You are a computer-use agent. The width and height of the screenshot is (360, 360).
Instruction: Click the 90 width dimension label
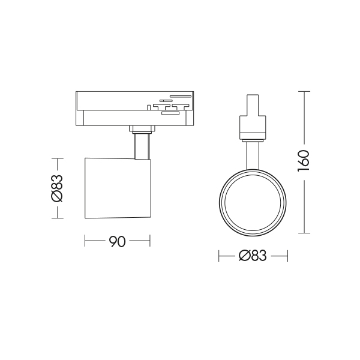pos(118,241)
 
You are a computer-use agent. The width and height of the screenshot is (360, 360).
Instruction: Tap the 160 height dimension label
pos(304,161)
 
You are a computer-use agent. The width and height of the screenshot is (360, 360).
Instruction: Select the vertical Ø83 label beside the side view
pos(57,188)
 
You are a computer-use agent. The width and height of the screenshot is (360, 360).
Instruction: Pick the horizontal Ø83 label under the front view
pos(253,256)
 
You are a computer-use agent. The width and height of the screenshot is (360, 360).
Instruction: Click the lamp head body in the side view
pos(118,188)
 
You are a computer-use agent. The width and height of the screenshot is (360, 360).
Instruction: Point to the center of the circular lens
pos(253,203)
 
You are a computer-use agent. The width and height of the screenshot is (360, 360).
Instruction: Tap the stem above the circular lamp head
pos(253,156)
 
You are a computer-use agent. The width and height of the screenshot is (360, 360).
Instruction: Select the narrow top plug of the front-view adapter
pos(253,105)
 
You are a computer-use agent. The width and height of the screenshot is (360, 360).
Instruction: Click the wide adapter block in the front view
pos(253,127)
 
